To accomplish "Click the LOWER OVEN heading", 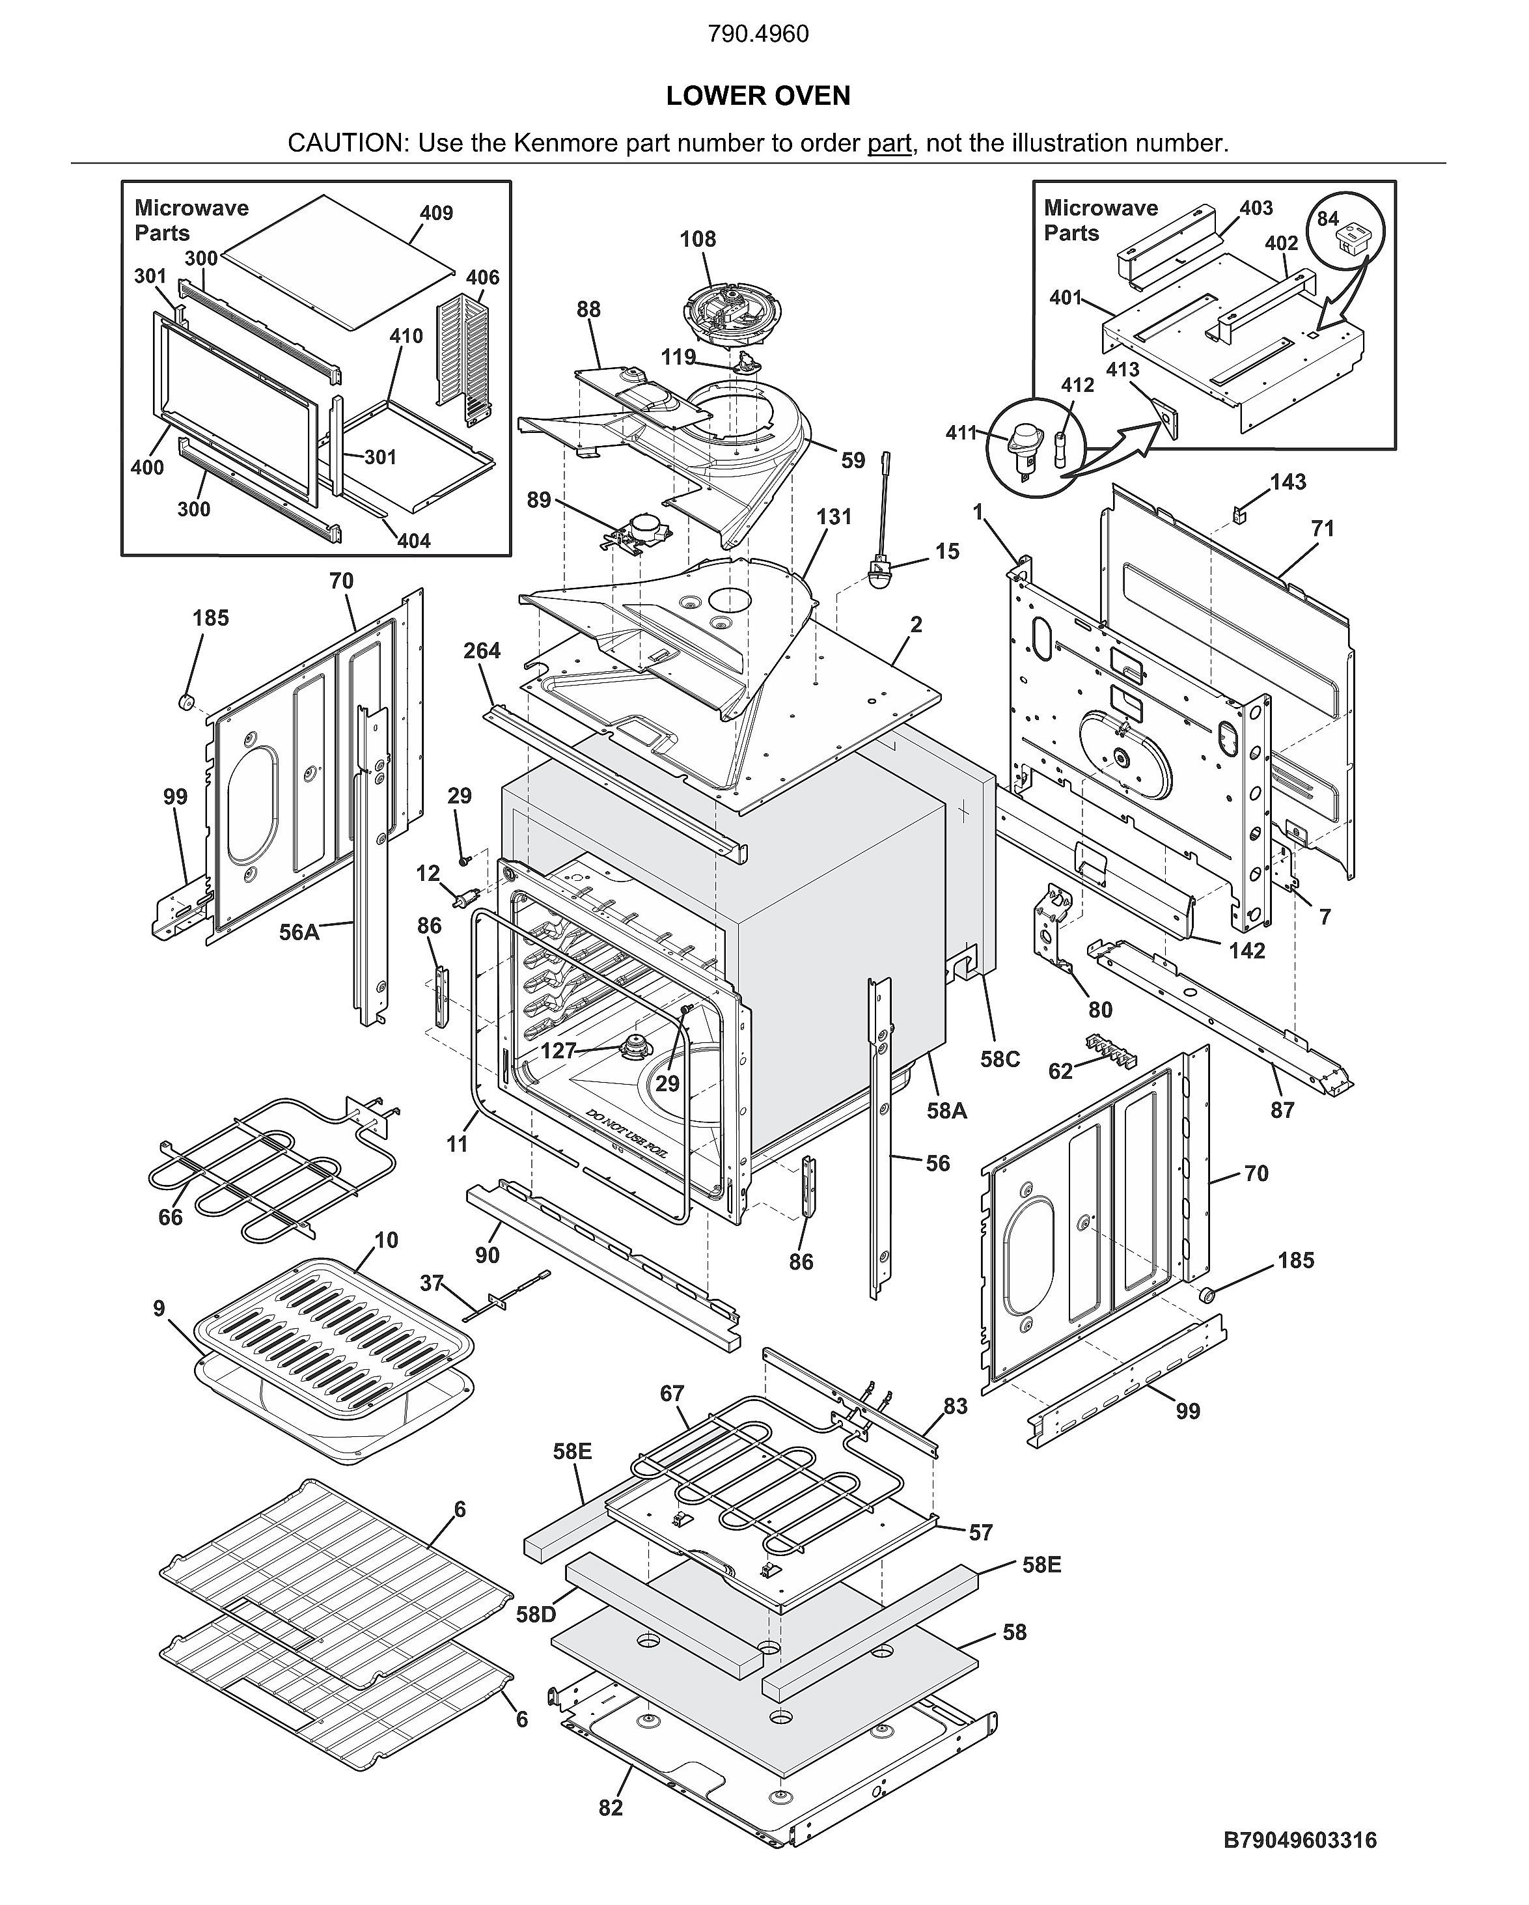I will pos(758,96).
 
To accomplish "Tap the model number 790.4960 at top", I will pos(758,35).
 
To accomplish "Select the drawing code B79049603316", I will pos(1299,1841).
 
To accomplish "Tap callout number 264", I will pos(482,650).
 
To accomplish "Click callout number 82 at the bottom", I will pos(611,1808).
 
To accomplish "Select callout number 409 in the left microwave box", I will pos(436,213).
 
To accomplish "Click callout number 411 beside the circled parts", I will pos(961,432).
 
